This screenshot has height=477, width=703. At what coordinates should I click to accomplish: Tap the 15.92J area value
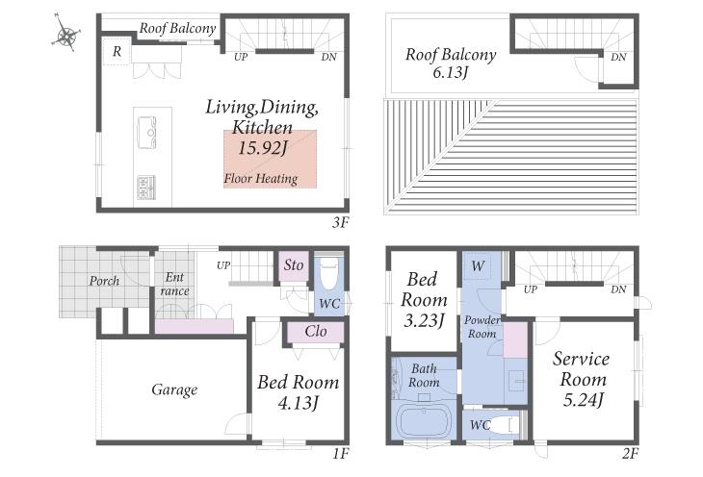click(x=262, y=147)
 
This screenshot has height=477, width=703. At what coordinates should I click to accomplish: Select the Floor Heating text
click(x=261, y=179)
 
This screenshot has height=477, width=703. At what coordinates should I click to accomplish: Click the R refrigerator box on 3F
click(x=117, y=52)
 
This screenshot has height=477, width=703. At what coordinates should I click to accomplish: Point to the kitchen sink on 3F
click(x=146, y=132)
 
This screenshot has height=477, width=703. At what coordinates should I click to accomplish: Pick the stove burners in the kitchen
click(x=145, y=188)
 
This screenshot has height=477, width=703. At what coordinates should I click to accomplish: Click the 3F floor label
click(x=340, y=222)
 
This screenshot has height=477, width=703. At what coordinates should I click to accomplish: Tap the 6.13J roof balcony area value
click(x=450, y=72)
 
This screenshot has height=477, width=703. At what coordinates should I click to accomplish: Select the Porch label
click(x=104, y=281)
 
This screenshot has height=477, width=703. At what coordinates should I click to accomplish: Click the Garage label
click(x=174, y=389)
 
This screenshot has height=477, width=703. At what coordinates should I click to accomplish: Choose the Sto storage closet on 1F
click(x=294, y=266)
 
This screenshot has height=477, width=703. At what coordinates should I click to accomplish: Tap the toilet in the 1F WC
click(x=330, y=273)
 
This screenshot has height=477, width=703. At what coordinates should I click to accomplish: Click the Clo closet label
click(x=316, y=332)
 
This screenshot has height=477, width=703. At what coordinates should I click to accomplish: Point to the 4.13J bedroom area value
click(x=299, y=403)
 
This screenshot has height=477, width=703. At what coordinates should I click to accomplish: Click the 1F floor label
click(x=340, y=454)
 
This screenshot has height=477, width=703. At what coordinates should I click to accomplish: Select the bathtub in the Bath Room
click(x=424, y=422)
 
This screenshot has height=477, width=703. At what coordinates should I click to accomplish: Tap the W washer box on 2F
click(x=478, y=266)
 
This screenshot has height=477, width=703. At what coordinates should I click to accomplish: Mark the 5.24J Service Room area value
click(x=583, y=399)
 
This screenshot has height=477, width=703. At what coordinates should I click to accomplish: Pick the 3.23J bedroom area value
click(x=424, y=320)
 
